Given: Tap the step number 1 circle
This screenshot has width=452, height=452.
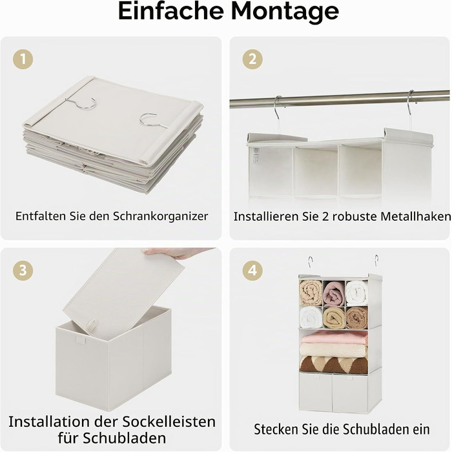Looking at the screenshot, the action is point(23,59).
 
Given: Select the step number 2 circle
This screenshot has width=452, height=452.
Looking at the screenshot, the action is point(252,59).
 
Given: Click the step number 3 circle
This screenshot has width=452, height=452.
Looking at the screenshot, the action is point(23,271).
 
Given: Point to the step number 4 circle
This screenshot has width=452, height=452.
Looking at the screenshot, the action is point(252,271).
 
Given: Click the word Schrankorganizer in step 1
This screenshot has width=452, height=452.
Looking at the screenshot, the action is point(160,216).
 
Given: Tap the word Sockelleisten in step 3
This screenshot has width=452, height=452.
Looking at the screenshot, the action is point(169,422).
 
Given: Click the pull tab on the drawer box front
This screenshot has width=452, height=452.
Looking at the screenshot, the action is point(81,340).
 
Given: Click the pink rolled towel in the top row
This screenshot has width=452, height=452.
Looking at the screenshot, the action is point(334,293).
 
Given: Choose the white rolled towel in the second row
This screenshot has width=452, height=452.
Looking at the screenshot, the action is point(311,318).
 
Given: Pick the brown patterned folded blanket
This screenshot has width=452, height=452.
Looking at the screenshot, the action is point(334,365).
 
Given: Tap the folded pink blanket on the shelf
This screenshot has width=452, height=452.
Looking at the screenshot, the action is point(334,336).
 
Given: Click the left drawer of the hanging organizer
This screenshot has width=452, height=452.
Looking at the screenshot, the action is point(316,393).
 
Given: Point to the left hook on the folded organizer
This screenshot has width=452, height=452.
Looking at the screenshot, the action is point(83,103).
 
